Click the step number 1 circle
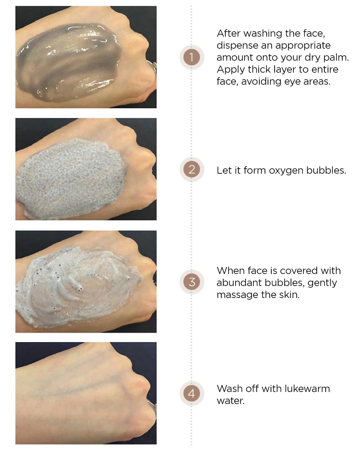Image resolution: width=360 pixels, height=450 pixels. pyautogui.click(x=191, y=57)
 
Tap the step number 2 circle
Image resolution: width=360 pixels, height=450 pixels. pyautogui.click(x=191, y=169)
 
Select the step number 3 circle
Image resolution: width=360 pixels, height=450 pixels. pyautogui.click(x=191, y=282)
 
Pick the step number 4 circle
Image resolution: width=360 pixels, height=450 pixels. pyautogui.click(x=191, y=393)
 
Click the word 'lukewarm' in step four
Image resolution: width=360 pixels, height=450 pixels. pyautogui.click(x=307, y=389)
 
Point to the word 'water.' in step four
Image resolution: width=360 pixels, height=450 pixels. pyautogui.click(x=231, y=401)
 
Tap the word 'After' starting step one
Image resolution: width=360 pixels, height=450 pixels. pyautogui.click(x=229, y=33)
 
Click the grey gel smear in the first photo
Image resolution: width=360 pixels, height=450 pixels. pyautogui.click(x=68, y=62)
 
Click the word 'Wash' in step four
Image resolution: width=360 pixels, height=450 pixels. pyautogui.click(x=229, y=389)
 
